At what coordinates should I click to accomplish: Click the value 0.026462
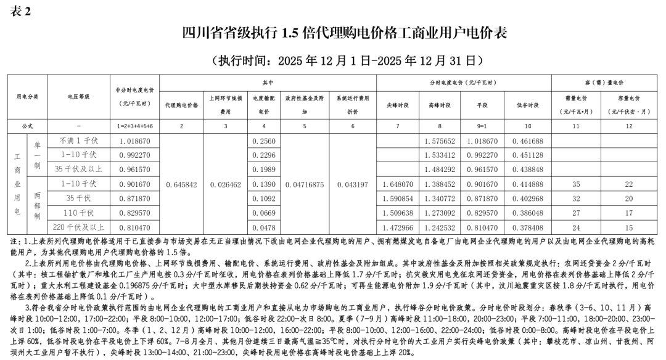[226, 184]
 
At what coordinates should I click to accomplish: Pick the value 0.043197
[352, 184]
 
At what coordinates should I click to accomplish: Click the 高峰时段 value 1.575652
[440, 141]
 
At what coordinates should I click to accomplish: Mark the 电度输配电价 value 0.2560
[264, 141]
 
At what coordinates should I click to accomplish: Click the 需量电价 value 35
[576, 184]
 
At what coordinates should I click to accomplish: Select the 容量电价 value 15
[629, 227]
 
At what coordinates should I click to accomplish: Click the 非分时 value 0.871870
[135, 198]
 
